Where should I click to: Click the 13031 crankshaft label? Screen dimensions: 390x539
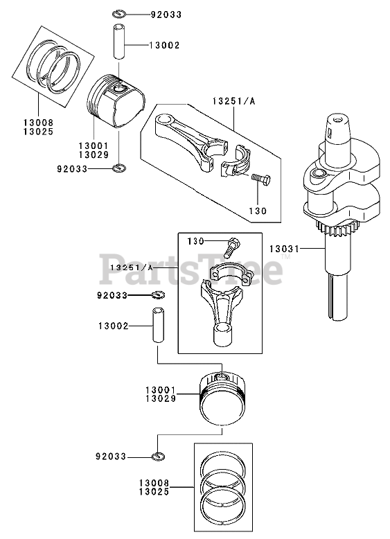tap(284, 248)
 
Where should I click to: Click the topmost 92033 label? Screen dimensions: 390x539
tap(166, 15)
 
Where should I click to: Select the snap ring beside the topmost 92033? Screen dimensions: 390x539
tap(119, 14)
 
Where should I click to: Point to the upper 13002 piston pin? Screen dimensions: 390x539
tap(119, 42)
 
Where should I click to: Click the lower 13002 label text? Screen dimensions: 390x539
tap(114, 326)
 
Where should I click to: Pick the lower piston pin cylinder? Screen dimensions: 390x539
tap(158, 325)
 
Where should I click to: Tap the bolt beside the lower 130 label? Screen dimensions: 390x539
tap(233, 247)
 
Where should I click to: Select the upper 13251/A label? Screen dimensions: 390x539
tap(233, 101)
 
